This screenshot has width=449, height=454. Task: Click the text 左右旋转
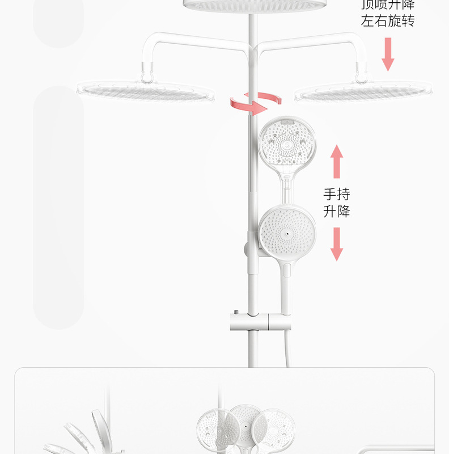pyautogui.click(x=388, y=22)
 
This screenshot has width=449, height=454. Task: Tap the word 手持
pyautogui.click(x=337, y=194)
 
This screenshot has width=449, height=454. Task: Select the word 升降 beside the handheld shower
pyautogui.click(x=337, y=212)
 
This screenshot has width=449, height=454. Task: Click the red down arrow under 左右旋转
pyautogui.click(x=388, y=54)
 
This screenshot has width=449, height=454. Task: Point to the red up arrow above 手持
pyautogui.click(x=337, y=161)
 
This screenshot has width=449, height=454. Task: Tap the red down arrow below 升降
pyautogui.click(x=337, y=244)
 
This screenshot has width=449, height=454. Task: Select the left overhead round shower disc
pyautogui.click(x=146, y=91)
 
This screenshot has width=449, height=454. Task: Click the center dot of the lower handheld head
pyautogui.click(x=287, y=234)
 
